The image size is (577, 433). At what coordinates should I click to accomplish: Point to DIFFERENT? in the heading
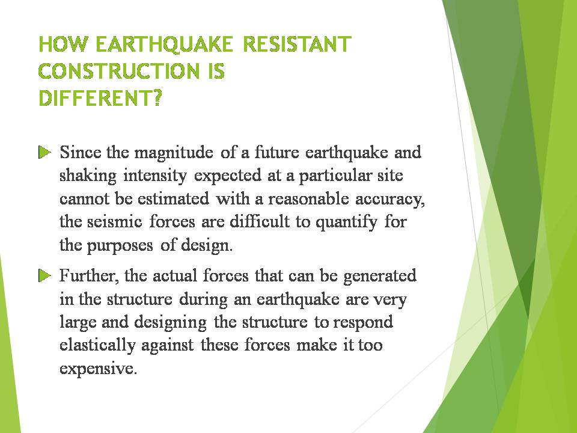click(x=100, y=98)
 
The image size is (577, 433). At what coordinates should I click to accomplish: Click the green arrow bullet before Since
click(x=44, y=152)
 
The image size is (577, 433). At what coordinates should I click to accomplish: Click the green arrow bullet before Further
click(x=44, y=276)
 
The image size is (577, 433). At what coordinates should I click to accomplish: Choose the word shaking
click(x=89, y=176)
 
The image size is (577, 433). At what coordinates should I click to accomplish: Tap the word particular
click(x=338, y=176)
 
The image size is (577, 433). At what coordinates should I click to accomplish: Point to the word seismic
click(x=114, y=222)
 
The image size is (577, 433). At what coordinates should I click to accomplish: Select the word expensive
click(x=98, y=369)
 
